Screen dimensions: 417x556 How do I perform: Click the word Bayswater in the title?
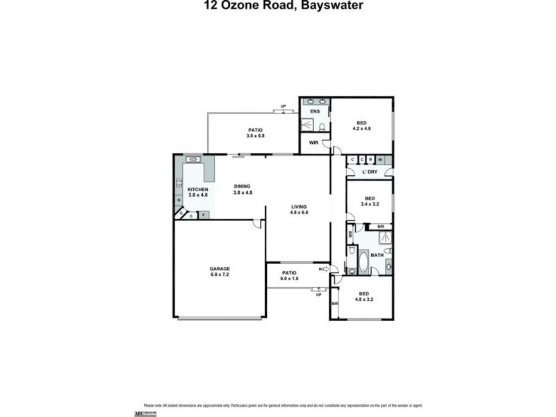pos(325,6)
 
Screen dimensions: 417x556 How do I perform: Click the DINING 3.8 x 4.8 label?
pos(242,189)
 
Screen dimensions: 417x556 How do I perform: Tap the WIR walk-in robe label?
pos(313,142)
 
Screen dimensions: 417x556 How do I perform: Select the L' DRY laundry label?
pos(370,172)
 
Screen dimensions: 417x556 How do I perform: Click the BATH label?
pos(376,255)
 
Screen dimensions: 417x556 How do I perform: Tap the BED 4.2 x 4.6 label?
pos(362,126)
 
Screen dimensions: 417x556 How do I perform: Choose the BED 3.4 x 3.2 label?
pos(370,201)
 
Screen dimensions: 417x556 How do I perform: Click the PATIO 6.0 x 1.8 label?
pos(289,276)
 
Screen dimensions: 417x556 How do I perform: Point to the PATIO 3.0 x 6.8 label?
pos(256,133)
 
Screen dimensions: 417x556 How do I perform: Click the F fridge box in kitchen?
pos(203,215)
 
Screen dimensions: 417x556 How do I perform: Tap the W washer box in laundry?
pos(380,160)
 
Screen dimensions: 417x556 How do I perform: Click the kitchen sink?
pos(195,161)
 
